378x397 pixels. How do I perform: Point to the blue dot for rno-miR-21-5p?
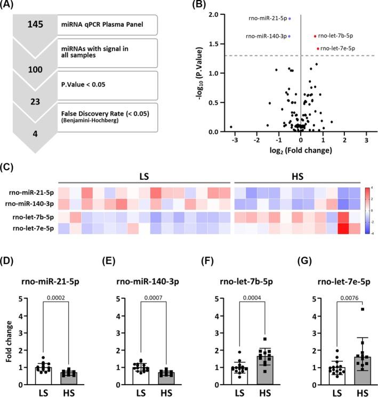[x=289, y=18]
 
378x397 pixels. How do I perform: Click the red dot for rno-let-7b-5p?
[x=315, y=36]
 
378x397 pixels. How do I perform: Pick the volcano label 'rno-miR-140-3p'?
[x=265, y=36]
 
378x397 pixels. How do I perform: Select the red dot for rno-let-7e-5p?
[x=318, y=49]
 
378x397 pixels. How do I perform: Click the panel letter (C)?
[x=9, y=166]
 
